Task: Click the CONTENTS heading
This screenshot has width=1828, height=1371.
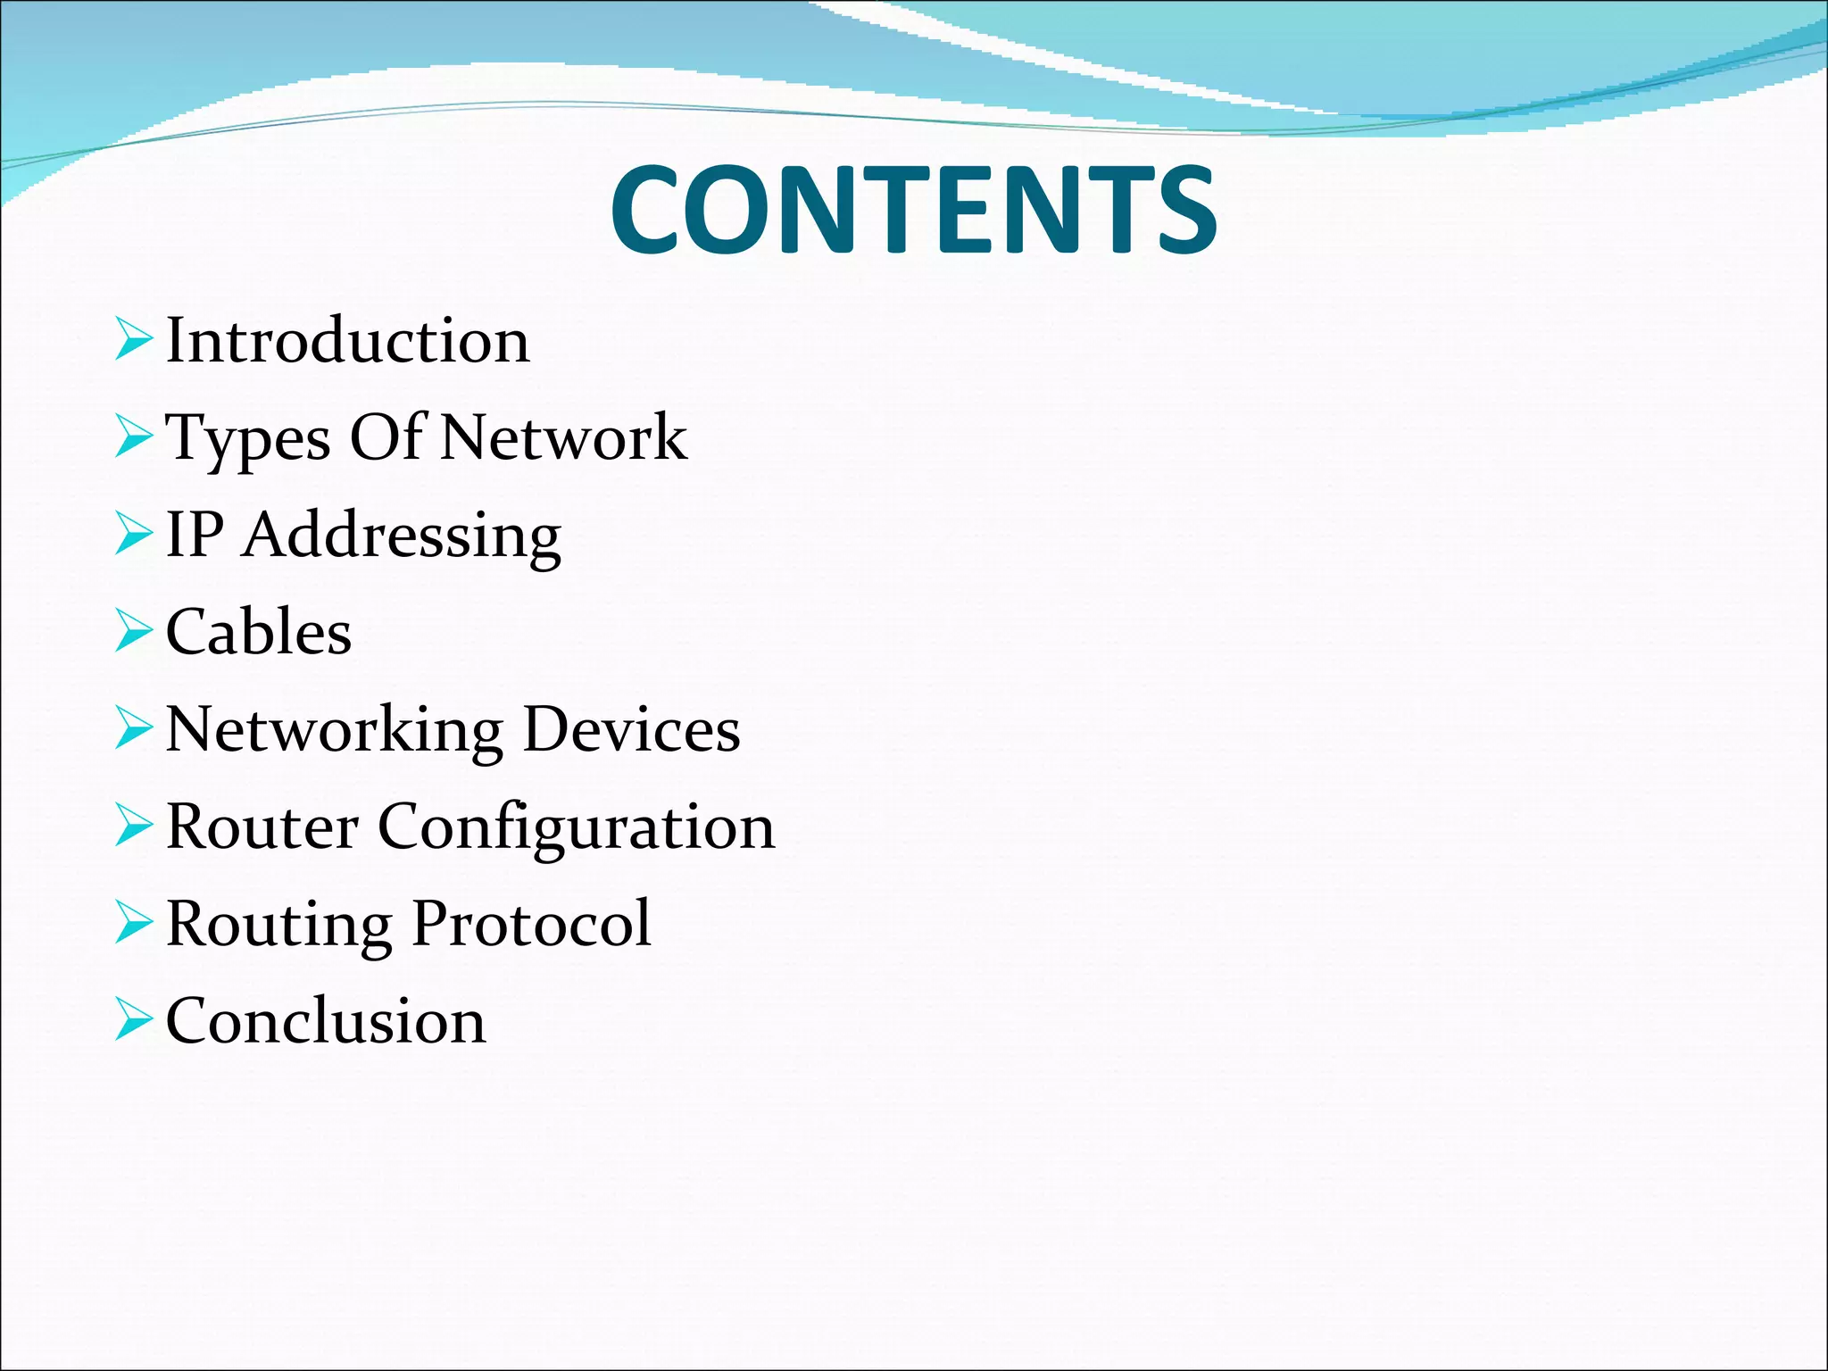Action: [x=913, y=211]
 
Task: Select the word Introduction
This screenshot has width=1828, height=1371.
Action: [x=348, y=341]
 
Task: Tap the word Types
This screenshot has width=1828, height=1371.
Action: [x=248, y=439]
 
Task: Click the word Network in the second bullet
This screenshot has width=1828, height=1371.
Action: [x=564, y=438]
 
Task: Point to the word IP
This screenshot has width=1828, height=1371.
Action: [x=195, y=536]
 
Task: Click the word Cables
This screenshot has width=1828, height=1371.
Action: [x=259, y=633]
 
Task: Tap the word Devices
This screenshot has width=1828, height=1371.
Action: [x=632, y=730]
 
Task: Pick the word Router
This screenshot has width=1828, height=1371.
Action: [x=262, y=827]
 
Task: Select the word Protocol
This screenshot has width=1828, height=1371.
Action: [x=532, y=924]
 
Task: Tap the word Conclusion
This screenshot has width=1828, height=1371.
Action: [x=326, y=1021]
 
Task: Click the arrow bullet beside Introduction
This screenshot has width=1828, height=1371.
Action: [x=133, y=342]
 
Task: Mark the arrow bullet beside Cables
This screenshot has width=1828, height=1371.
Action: [x=133, y=633]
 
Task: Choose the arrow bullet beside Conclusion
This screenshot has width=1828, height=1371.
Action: [x=133, y=1022]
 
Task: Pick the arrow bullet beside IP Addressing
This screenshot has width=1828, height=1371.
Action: [x=133, y=536]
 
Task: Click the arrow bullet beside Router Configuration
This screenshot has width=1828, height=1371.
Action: [x=133, y=827]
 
